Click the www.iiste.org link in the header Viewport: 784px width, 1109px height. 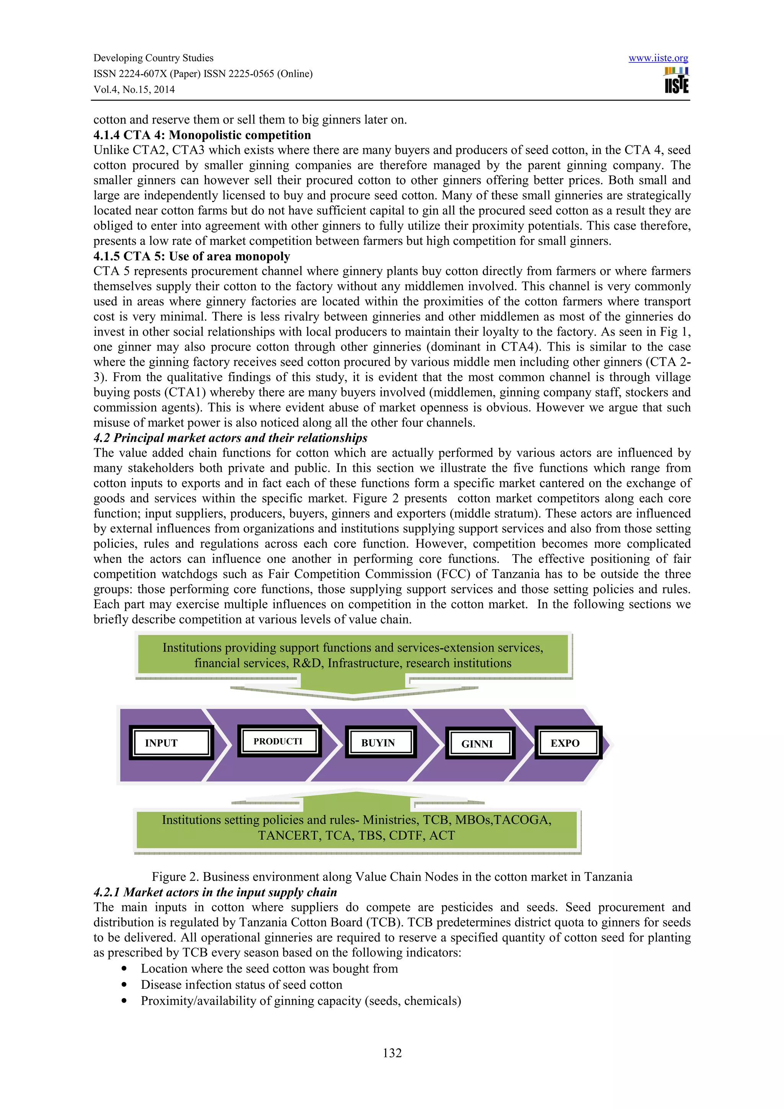click(x=658, y=59)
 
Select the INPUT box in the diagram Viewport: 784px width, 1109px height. click(x=171, y=742)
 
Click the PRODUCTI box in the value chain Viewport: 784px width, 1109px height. click(x=279, y=741)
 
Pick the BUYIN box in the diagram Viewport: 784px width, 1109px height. click(x=380, y=742)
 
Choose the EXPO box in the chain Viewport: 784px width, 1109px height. click(x=568, y=742)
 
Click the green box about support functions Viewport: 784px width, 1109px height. click(x=353, y=655)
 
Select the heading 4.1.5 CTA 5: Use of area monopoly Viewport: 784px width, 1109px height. click(x=192, y=256)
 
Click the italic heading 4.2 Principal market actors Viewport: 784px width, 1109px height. click(x=230, y=438)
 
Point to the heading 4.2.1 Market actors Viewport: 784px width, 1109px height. click(x=215, y=892)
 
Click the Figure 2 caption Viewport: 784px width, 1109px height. click(x=392, y=877)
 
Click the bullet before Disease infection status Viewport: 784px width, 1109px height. click(x=125, y=985)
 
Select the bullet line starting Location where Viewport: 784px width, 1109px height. click(x=269, y=969)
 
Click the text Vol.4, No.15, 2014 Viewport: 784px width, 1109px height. click(x=134, y=90)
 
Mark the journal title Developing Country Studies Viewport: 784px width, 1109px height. click(x=153, y=58)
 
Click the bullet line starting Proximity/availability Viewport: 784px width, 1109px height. click(x=301, y=1001)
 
